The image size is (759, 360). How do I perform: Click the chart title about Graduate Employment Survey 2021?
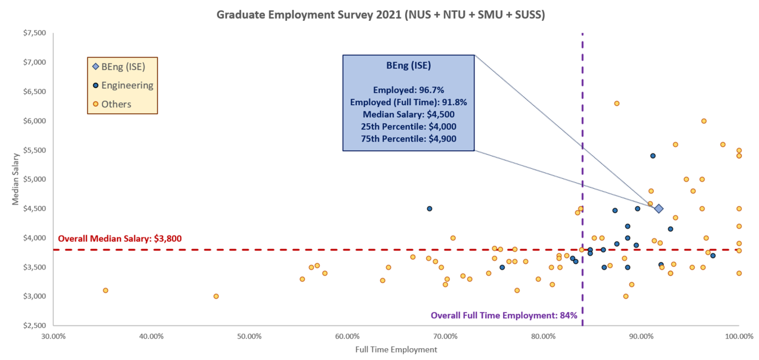click(x=381, y=15)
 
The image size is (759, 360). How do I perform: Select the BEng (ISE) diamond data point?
click(x=658, y=209)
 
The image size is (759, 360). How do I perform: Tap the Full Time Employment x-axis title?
click(x=396, y=349)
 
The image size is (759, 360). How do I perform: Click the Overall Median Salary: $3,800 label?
click(x=120, y=238)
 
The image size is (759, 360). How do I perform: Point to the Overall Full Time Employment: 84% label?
click(x=504, y=316)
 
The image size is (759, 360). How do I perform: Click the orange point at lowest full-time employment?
click(x=105, y=290)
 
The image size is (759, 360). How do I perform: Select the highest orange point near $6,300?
click(x=616, y=103)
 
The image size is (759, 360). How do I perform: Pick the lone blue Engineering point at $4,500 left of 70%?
click(x=430, y=209)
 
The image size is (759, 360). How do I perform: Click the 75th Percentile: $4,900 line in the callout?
click(x=409, y=138)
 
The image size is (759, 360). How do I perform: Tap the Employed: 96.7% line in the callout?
click(x=409, y=89)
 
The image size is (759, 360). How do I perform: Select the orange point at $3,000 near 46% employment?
click(x=216, y=296)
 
